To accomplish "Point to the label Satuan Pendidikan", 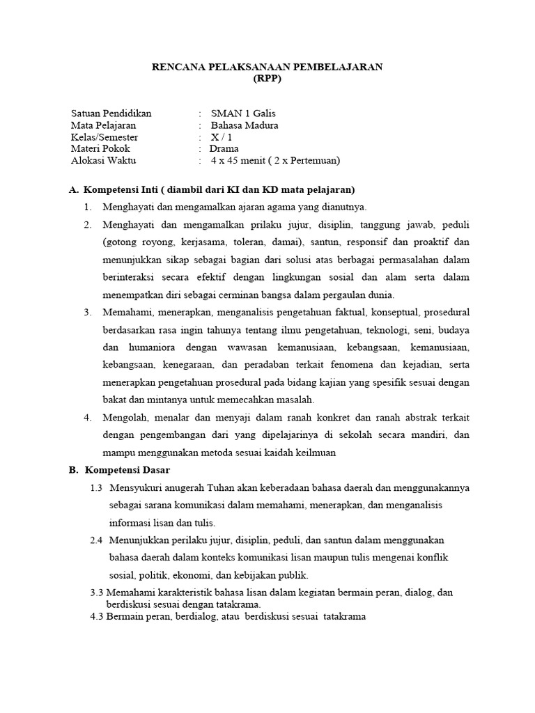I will click(111, 113).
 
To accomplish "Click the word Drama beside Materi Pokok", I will click(224, 148).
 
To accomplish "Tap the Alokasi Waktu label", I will click(104, 160).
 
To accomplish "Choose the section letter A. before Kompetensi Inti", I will click(73, 189).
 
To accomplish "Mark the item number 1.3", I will click(96, 487).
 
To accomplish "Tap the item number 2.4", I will click(96, 540).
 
